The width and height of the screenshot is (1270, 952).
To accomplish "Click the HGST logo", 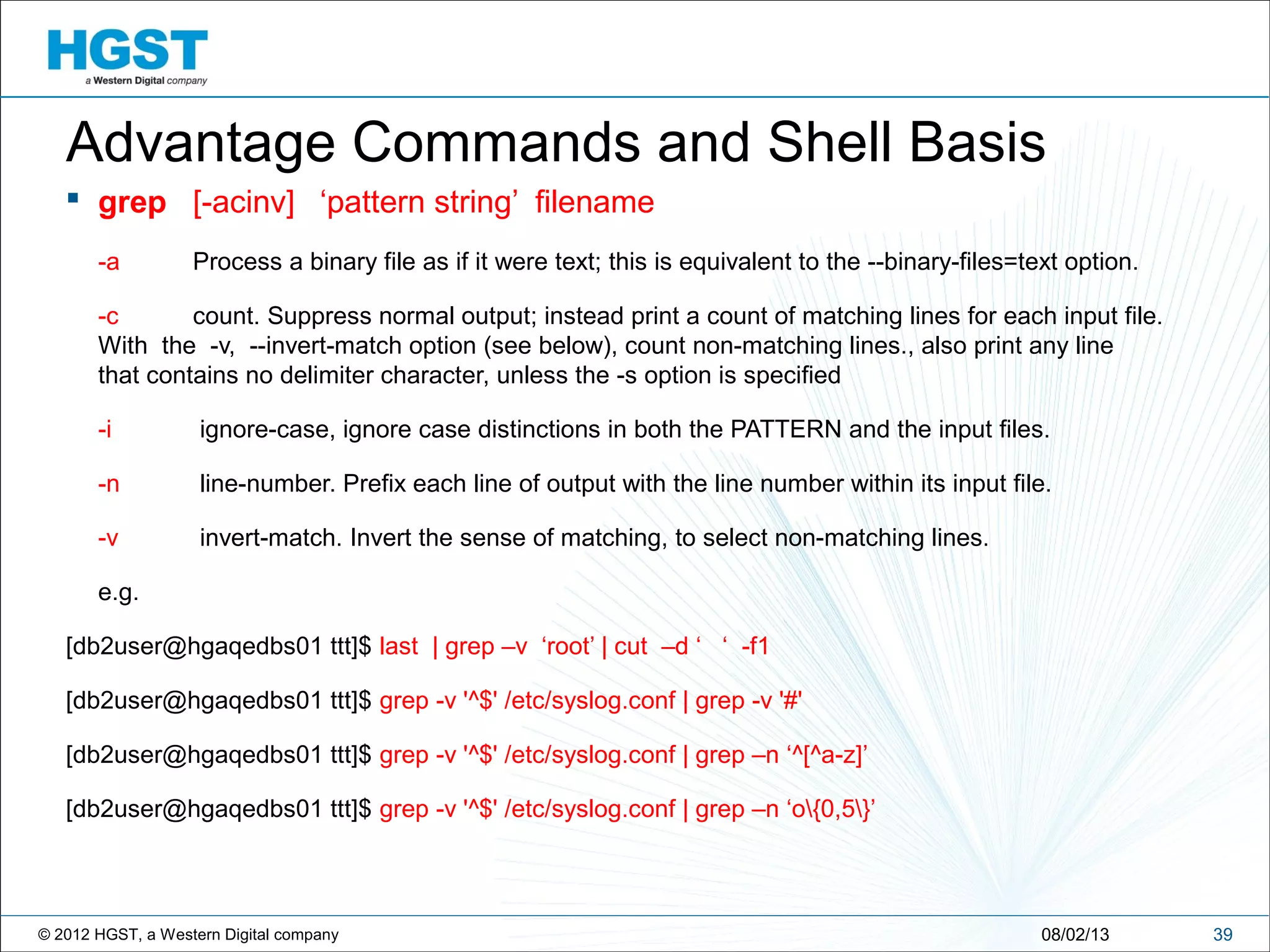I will coord(128,56).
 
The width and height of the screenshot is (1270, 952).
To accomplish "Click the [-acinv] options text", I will coord(243,203).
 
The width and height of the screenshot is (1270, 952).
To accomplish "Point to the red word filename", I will coord(594,203).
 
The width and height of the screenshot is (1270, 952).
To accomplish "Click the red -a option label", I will coord(109,262).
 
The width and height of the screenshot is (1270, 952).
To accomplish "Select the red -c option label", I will coord(108,317).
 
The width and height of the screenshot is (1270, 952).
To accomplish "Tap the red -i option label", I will coord(105,430).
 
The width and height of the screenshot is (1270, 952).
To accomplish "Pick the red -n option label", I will coord(109,484).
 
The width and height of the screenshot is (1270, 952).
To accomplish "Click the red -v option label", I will coord(108,538).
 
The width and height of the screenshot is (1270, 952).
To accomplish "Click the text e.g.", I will coord(118,593).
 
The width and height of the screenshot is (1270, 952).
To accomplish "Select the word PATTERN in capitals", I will coord(785,430).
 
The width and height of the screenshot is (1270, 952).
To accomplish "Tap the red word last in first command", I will coord(398,646).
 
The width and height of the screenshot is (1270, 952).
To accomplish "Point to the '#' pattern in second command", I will coord(790,701).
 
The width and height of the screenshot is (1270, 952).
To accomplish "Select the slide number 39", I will coord(1222,934).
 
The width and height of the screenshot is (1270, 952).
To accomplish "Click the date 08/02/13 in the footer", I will coord(1075,934).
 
